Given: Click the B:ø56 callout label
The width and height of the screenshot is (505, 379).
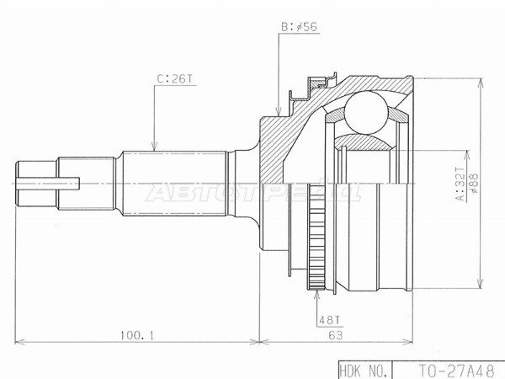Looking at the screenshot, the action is click(x=299, y=27).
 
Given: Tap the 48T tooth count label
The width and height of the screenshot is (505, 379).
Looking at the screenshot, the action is click(x=329, y=320).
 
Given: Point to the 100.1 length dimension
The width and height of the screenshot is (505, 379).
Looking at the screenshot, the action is click(x=137, y=336).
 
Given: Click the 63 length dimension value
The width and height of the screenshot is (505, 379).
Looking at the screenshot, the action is click(x=335, y=335).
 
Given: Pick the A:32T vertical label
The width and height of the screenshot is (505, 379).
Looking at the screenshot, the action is click(x=461, y=184).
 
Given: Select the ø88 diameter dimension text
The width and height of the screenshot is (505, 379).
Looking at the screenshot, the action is click(x=474, y=184).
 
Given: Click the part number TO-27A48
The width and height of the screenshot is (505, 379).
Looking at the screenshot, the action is click(x=455, y=371).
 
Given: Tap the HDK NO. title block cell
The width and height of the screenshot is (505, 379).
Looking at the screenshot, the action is click(x=365, y=371).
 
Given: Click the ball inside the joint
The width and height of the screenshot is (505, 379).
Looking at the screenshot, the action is click(x=366, y=113).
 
